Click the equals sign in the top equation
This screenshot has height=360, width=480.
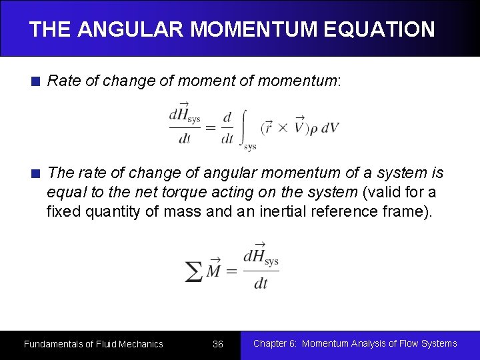pos(209,127)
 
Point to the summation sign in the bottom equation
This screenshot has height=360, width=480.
pos(193,271)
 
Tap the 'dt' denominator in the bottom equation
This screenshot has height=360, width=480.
pos(261,283)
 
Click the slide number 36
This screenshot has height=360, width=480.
pos(217,344)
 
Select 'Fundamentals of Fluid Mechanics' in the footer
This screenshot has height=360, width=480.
pos(93,344)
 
